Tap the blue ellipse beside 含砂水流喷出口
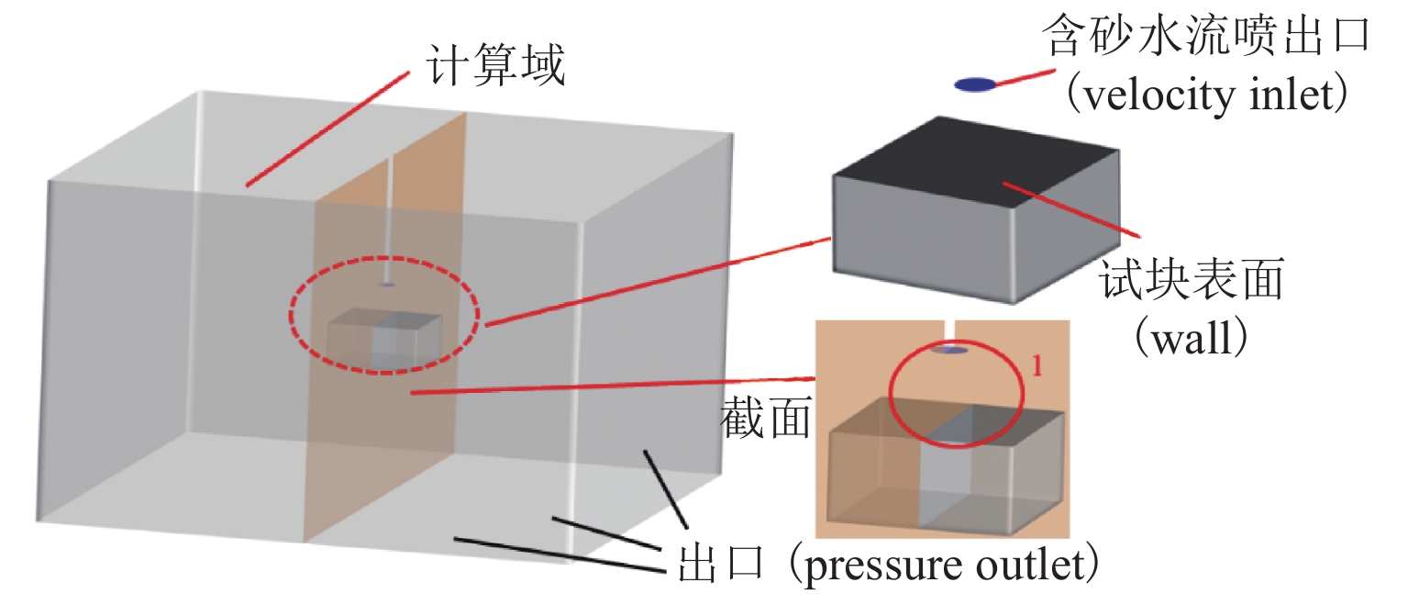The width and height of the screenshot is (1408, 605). point(974,84)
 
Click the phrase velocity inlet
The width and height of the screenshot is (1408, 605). point(1205,95)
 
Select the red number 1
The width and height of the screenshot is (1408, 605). point(1037,366)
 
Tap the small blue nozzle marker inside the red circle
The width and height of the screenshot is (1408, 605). point(949,350)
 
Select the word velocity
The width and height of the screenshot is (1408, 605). point(1143,95)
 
